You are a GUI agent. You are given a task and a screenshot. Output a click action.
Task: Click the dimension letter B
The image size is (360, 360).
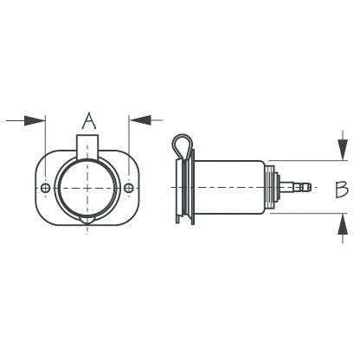pyautogui.click(x=342, y=189)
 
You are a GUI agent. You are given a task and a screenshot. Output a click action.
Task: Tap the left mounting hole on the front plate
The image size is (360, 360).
pyautogui.click(x=45, y=189)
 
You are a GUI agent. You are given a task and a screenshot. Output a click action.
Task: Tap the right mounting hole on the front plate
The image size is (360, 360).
pyautogui.click(x=129, y=189)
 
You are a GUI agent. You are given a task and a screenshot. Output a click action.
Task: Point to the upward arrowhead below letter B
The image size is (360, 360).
pyautogui.click(x=342, y=228)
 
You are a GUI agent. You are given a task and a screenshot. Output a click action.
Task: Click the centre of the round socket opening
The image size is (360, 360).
pyautogui.click(x=87, y=189)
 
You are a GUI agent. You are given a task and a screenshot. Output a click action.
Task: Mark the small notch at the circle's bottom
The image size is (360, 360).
pyautogui.click(x=87, y=222)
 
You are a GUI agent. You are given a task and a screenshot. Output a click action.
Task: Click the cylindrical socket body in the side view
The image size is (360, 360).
pyautogui.click(x=229, y=189)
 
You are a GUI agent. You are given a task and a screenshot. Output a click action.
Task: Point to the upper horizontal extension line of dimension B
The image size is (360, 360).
pyautogui.click(x=303, y=160)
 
